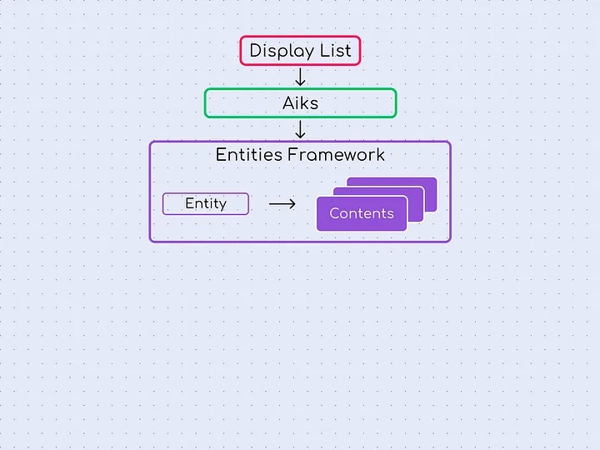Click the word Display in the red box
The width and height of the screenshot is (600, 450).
(279, 51)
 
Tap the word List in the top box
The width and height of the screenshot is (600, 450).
(333, 51)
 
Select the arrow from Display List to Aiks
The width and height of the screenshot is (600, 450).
(301, 77)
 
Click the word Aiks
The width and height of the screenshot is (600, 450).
(300, 103)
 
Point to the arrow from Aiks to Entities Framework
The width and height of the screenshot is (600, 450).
(301, 129)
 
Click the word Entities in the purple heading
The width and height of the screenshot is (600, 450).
(249, 155)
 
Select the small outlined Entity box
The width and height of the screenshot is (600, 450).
(205, 204)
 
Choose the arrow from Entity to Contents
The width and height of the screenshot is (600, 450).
(282, 204)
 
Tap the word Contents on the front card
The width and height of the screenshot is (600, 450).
(361, 213)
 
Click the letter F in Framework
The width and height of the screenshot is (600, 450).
(292, 155)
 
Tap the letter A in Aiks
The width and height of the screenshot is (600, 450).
(288, 103)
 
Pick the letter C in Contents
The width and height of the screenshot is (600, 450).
(334, 213)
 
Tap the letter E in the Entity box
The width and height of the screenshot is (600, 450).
(189, 204)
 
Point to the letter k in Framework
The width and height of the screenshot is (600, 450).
(381, 155)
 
